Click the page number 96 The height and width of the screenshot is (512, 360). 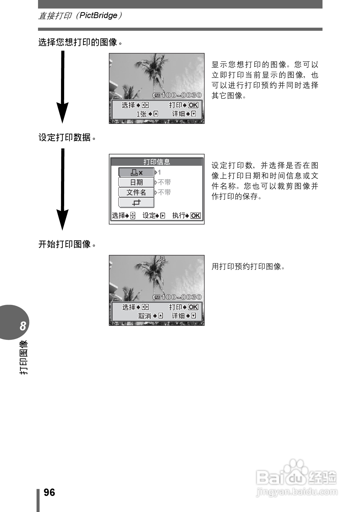point(49,492)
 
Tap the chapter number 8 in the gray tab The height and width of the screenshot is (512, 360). point(23,326)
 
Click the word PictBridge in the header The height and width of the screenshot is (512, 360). point(98,16)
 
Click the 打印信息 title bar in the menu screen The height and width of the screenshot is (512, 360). point(156,162)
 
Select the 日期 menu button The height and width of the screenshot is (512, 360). point(136,183)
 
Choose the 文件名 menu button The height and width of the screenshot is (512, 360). point(136,193)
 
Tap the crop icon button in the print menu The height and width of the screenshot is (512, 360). point(136,203)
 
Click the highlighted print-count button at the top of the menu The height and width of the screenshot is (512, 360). point(136,172)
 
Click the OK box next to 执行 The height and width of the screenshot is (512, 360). point(196,216)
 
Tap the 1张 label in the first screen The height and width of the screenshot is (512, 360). point(141,114)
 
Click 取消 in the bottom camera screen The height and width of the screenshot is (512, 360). point(145,316)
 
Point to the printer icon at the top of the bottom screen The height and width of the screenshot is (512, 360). point(162,259)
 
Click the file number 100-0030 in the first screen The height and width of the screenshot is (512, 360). point(181,95)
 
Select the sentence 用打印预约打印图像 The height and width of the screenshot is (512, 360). point(248,267)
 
